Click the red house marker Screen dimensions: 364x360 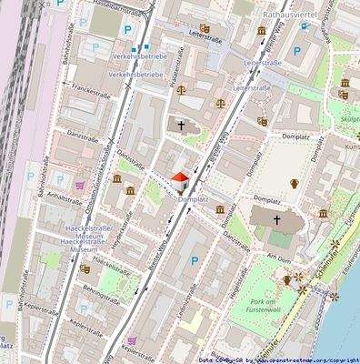[179, 178]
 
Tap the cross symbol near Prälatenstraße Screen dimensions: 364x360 [181, 126]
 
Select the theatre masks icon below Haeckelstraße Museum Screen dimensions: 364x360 [85, 268]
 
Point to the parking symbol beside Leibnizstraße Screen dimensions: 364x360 [192, 262]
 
